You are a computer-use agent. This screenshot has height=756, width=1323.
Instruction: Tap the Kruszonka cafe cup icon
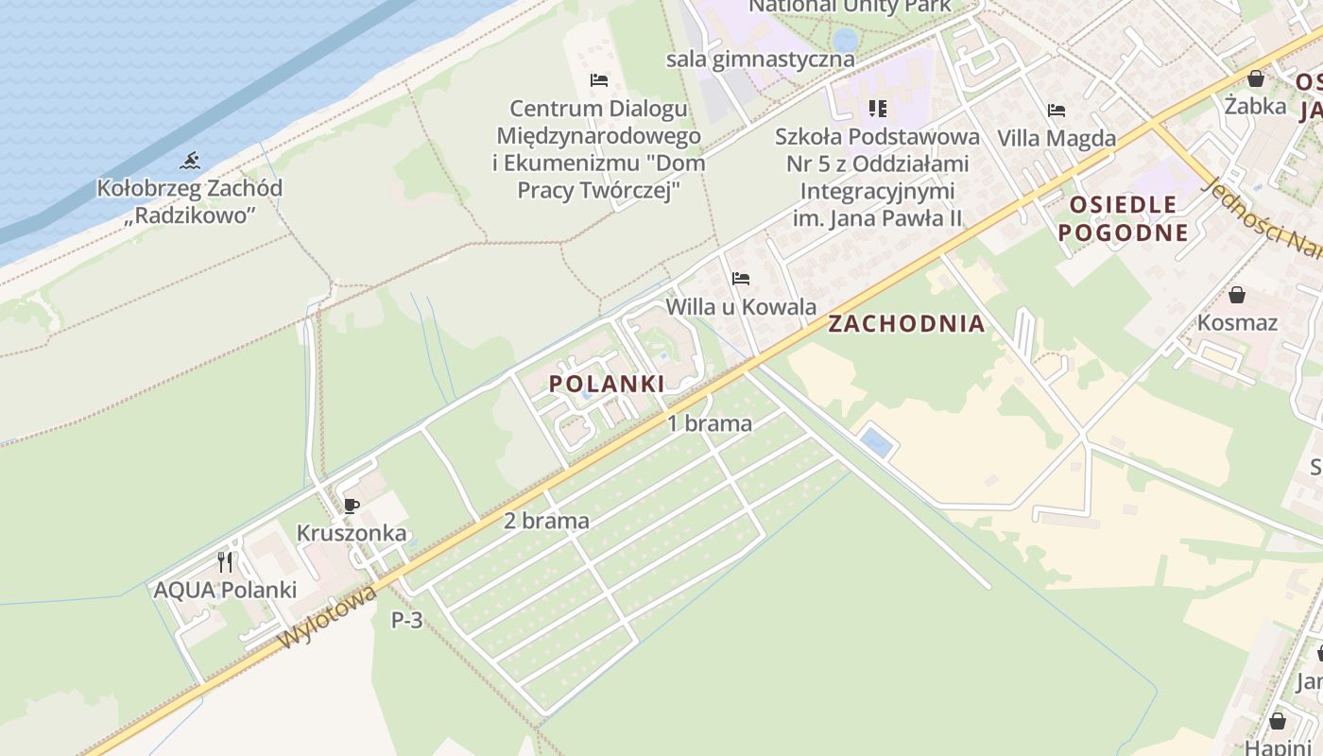pos(352,506)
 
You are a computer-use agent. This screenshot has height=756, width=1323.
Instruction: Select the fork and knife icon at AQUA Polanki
pos(225,563)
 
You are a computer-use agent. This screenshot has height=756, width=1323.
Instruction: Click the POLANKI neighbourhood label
pos(607,383)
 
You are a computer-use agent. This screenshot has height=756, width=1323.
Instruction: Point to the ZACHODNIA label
pos(906,324)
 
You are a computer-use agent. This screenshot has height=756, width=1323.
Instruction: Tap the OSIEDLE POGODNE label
pos(1123,218)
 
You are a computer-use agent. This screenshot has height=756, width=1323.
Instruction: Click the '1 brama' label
pos(710,423)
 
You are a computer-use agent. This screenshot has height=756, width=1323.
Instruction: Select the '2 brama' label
pos(546,521)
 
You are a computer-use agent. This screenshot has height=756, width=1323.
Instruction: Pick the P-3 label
pos(407,621)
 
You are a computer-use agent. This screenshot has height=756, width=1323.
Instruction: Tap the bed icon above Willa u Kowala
pos(741,279)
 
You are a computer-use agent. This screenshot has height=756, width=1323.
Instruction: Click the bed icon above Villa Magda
pos(1057,111)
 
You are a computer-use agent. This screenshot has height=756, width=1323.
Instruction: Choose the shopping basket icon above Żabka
pos(1256,77)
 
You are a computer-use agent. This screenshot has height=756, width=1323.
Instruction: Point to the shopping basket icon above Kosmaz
pos(1237,295)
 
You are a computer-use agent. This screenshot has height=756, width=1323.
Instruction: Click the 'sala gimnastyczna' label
pos(761,59)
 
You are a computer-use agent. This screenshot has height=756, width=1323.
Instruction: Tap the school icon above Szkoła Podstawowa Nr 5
pos(878,109)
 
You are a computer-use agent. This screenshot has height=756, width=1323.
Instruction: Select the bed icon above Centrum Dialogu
pos(598,80)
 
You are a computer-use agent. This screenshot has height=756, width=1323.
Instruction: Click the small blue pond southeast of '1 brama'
pos(877,442)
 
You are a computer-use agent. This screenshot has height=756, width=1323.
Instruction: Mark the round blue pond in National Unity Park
pos(845,40)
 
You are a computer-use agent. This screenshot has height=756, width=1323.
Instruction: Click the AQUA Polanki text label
pos(225,590)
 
